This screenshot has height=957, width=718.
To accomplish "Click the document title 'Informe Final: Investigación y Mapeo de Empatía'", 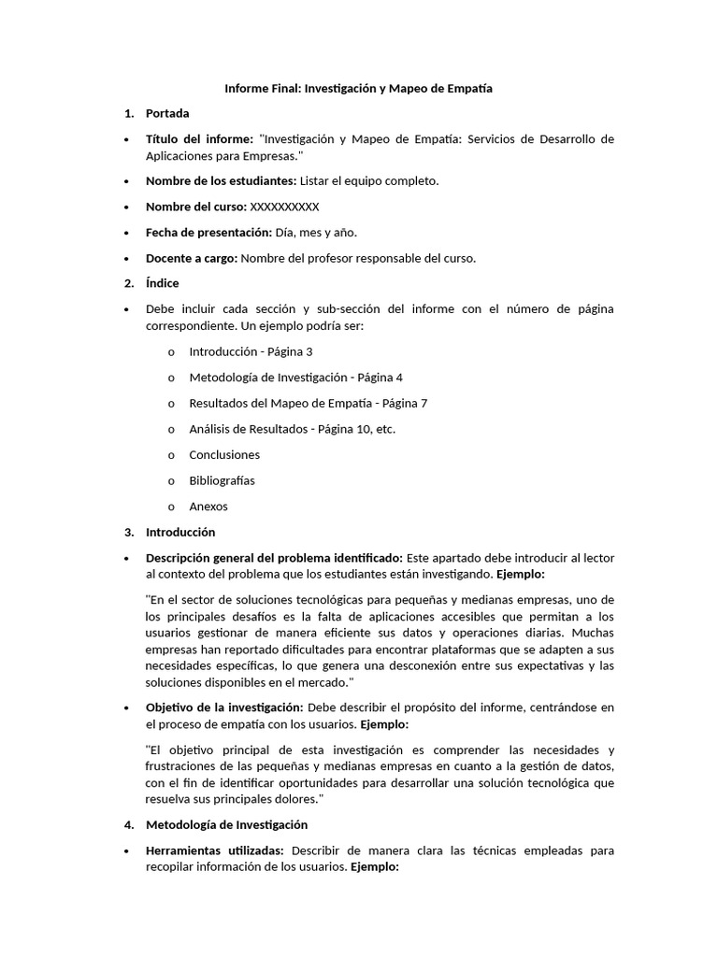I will pos(358,88).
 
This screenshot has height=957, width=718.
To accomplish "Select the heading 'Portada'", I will pos(167,113).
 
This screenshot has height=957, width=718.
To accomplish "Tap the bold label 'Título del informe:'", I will pos(199,139).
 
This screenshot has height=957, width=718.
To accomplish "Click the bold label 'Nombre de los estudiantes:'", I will pos(221,181).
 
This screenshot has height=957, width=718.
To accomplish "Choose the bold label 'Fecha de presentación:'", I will pos(208,233).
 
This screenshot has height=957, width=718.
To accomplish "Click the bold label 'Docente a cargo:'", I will pos(192,258).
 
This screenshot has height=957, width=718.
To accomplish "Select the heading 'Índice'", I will pos(162,283).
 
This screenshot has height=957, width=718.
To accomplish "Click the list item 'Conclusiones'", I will pos(224,455).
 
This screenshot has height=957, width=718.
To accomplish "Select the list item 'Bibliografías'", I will pos(222,480).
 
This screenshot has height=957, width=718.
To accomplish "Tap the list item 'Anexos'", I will pos(208,507).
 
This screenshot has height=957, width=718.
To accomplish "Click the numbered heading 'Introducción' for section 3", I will pos(180,532).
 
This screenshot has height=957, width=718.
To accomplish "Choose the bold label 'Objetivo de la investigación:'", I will pos(223,707).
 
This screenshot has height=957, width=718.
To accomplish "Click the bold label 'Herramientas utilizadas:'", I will pos(216,850).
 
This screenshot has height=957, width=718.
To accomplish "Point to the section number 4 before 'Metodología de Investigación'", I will pos(129,825).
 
